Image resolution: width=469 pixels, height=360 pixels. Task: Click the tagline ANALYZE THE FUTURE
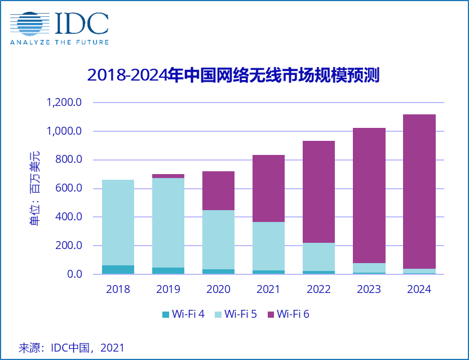pos(59,42)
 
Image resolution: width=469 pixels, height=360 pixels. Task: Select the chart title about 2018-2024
pos(233,75)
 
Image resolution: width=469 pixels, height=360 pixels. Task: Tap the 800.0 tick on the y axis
pos(69,160)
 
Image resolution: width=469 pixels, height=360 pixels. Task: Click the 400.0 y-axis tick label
pos(69,217)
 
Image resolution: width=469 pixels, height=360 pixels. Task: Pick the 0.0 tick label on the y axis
pos(75,274)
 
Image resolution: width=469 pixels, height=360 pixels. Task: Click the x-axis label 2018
pos(118,289)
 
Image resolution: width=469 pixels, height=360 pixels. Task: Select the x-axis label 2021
pos(268,289)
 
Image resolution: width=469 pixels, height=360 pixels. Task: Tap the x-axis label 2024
pos(419,289)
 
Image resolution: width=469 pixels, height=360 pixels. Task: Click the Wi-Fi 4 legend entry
pos(184,314)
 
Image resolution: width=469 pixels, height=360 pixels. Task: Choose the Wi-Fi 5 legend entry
pos(235,314)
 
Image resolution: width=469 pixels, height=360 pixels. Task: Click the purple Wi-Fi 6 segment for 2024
pos(419,192)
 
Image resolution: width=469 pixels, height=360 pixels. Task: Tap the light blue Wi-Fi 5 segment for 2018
pos(118,223)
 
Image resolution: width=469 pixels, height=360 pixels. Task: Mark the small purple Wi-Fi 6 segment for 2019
pos(168,176)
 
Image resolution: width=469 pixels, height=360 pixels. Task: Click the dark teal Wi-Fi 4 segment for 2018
pos(118,269)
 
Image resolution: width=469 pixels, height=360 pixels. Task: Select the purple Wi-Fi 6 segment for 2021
pos(268,188)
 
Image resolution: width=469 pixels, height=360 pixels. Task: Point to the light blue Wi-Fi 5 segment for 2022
pos(318,257)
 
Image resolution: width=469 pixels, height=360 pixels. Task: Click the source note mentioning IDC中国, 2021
pos(72,348)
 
